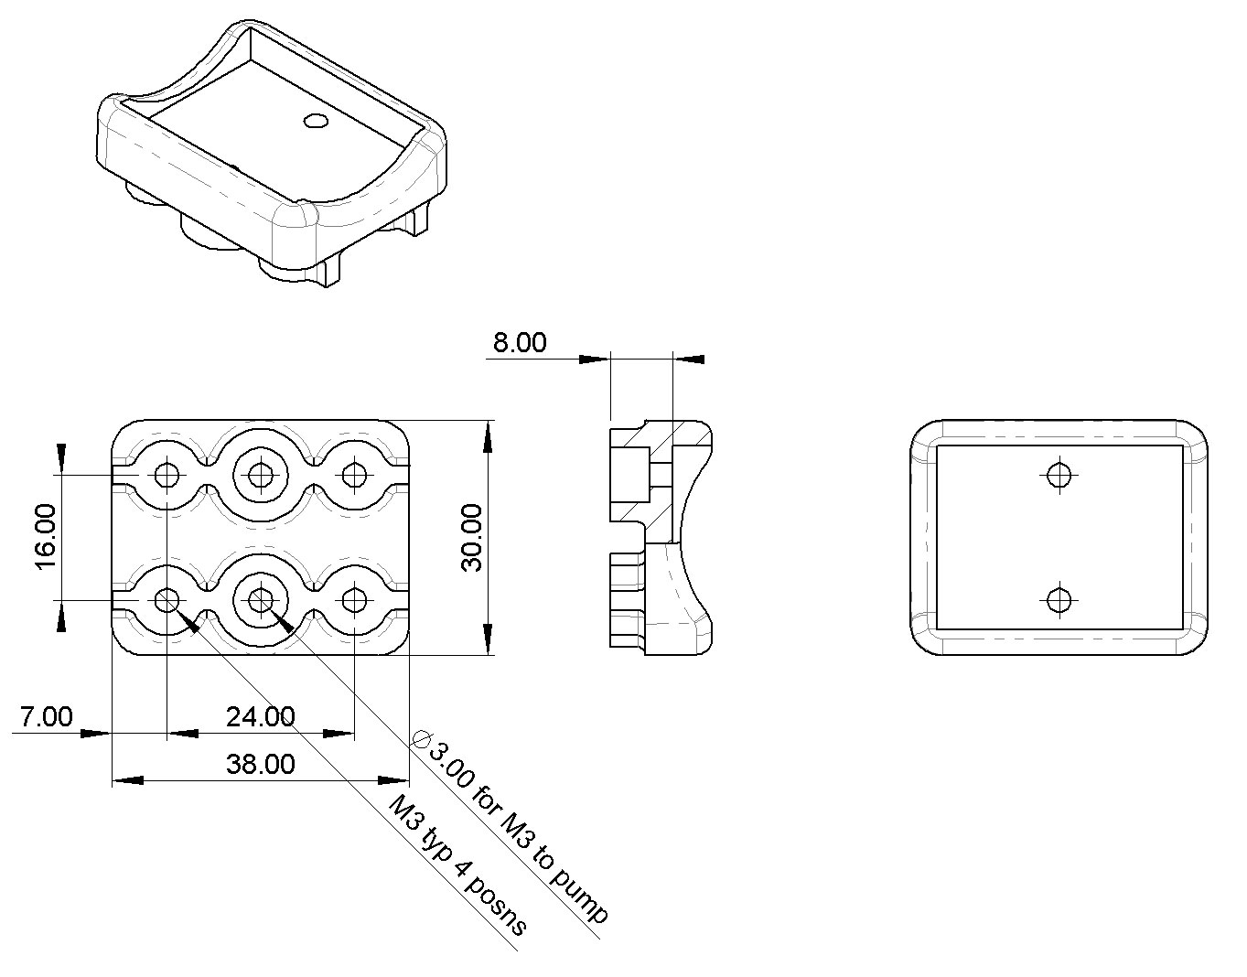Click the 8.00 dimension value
click(520, 342)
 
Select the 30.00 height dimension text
click(472, 538)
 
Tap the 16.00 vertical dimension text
click(46, 537)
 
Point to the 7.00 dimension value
click(47, 716)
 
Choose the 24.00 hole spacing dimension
click(261, 716)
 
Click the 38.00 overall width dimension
click(261, 764)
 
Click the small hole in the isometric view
click(315, 121)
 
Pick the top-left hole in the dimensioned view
click(167, 475)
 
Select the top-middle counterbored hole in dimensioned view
click(261, 475)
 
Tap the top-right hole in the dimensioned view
click(355, 475)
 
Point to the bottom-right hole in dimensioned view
click(355, 600)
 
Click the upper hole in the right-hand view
click(1059, 475)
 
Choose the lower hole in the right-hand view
click(1059, 600)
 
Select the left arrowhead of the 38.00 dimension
click(127, 780)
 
